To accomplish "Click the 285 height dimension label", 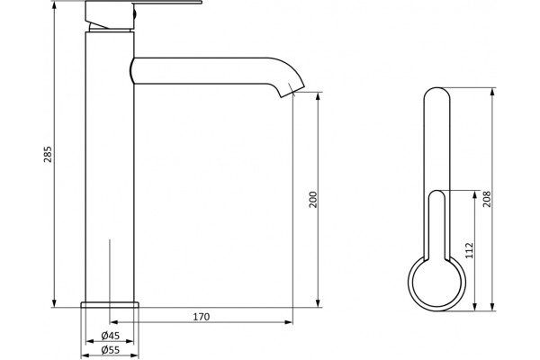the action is click(49, 154).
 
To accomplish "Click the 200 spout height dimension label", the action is click(312, 199).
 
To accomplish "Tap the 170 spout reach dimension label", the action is click(201, 317).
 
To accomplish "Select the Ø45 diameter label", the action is click(110, 335).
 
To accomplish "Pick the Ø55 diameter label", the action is click(110, 350).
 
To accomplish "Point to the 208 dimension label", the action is click(486, 199).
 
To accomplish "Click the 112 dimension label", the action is click(469, 250).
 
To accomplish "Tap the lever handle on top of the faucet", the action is click(143, 3).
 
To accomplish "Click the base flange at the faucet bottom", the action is click(110, 304).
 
